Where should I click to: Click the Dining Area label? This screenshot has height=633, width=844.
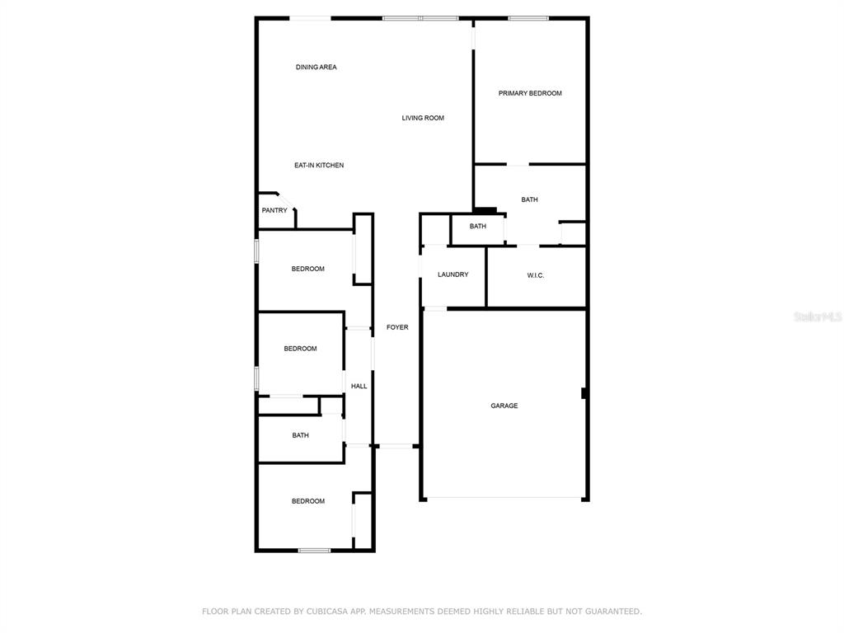316,68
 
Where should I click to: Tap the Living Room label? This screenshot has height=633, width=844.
423,118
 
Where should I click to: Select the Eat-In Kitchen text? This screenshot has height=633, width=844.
319,165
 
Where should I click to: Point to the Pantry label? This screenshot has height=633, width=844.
274,210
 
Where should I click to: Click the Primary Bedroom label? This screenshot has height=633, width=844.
530,93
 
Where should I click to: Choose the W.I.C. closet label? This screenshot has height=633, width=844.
536,275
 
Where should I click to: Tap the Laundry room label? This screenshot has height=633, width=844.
453,274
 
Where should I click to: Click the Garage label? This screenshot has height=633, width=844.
504,406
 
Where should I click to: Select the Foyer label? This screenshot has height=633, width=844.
397,327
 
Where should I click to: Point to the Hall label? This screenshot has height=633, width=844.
359,386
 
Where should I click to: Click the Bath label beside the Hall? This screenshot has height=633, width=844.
300,435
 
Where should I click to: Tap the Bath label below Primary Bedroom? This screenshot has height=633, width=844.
529,199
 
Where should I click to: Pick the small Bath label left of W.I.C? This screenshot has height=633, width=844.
478,227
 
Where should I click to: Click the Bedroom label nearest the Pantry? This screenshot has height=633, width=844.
308,270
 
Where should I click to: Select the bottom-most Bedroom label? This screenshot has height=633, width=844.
308,501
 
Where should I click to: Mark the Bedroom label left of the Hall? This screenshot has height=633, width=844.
300,349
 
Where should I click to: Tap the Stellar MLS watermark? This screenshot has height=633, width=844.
818,317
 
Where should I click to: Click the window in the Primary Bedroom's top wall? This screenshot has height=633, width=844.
528,19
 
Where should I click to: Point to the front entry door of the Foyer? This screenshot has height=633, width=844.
396,446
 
